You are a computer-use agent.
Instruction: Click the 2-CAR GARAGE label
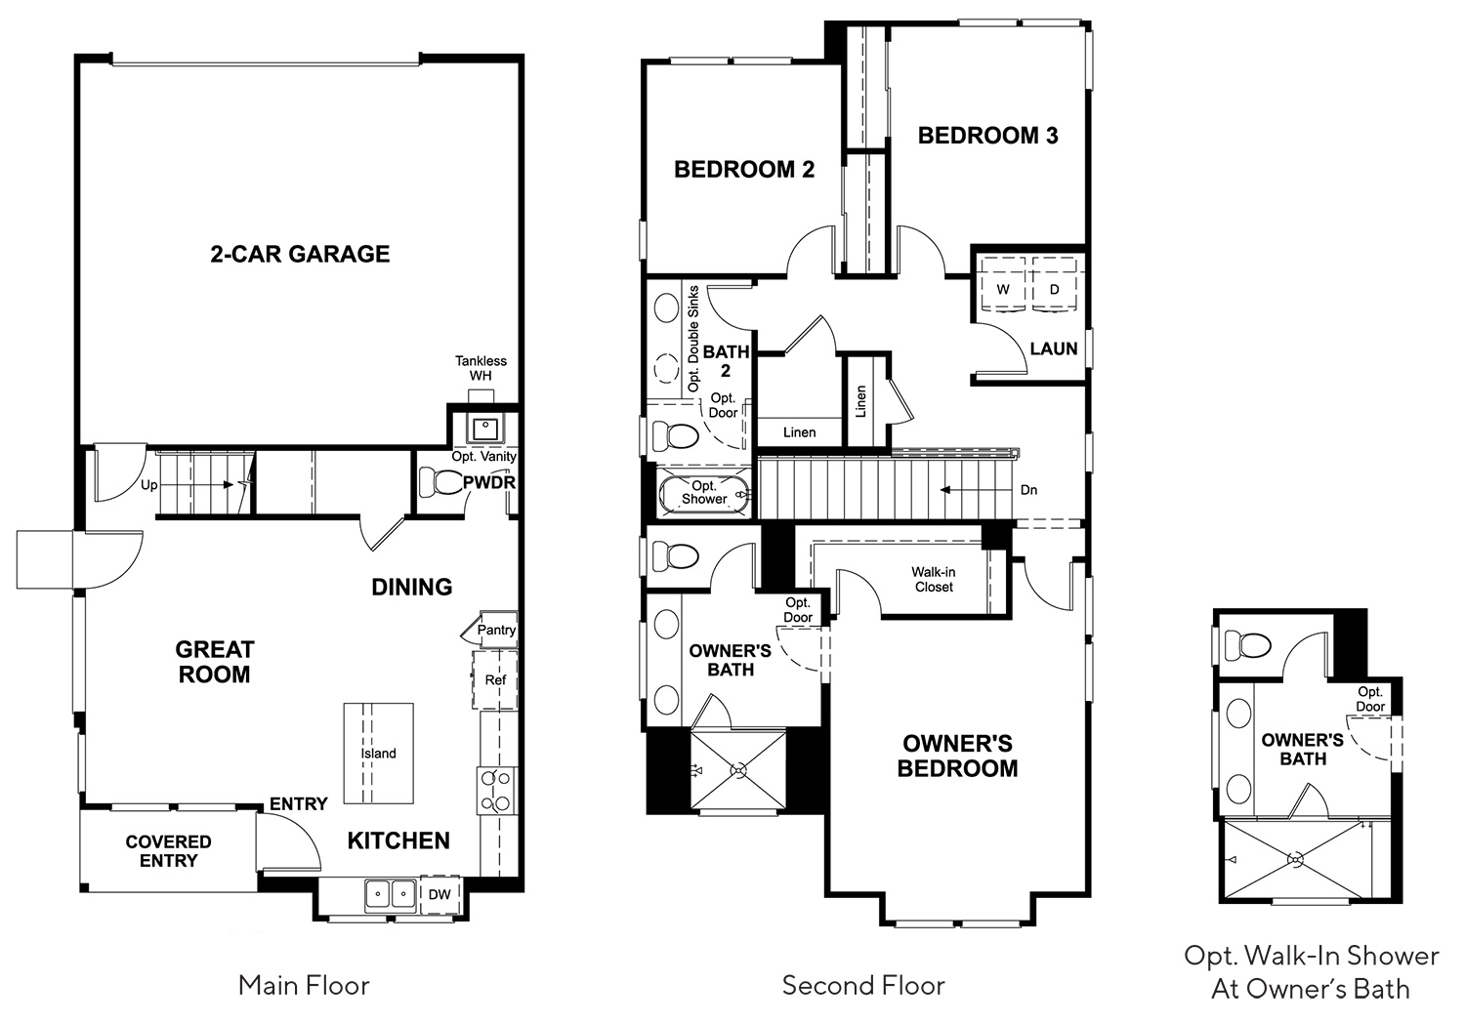pos(300,254)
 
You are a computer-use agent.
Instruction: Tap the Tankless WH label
pos(481,368)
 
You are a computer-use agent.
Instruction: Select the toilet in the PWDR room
pos(439,482)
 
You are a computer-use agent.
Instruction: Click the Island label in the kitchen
pos(379,753)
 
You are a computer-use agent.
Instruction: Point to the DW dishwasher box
pos(440,894)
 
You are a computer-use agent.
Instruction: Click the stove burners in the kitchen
pos(497,791)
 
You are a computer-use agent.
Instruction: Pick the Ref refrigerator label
pos(495,679)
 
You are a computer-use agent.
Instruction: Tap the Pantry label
pos(496,630)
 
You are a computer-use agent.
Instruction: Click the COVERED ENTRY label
pos(168,851)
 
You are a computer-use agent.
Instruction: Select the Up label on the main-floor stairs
pos(149,485)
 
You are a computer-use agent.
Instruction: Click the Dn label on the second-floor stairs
pos(1028,490)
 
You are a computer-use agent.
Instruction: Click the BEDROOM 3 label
pos(987,136)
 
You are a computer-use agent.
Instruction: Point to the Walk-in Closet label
pos(934,579)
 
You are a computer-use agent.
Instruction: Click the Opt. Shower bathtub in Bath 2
pos(704,492)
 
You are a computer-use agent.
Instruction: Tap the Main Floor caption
pos(304,985)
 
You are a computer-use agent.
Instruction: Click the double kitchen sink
pos(391,894)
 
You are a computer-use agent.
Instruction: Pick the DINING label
pos(412,587)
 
